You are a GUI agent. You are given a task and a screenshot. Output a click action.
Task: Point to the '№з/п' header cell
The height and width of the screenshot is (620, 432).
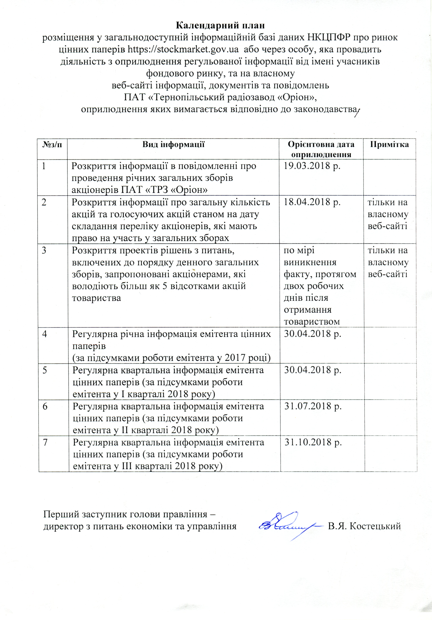(52, 144)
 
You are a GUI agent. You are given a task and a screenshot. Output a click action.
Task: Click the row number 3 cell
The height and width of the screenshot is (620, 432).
(44, 250)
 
